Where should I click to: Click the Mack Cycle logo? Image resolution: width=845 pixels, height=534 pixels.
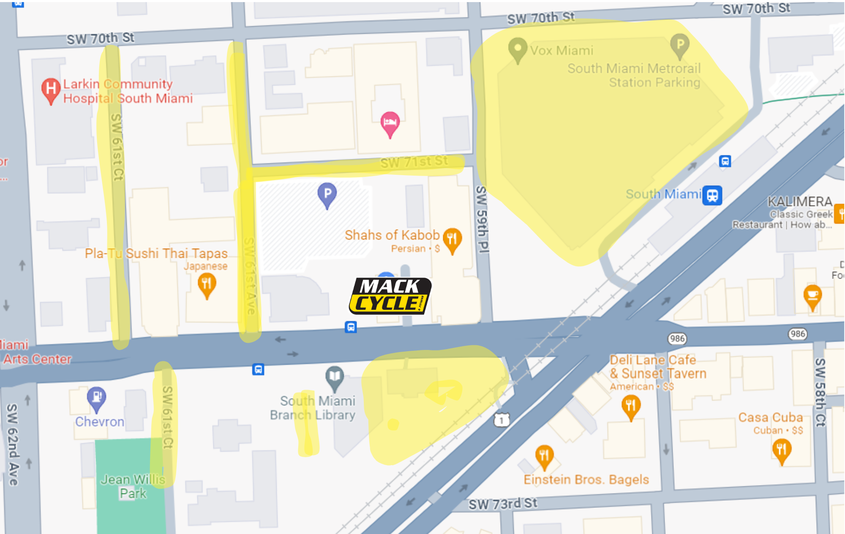(x=390, y=296)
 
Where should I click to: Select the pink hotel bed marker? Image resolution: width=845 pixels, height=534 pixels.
(x=390, y=123)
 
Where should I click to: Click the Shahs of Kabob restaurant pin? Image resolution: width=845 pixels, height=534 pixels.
(x=452, y=240)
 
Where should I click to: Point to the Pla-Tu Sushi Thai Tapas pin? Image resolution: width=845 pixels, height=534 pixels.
(x=207, y=285)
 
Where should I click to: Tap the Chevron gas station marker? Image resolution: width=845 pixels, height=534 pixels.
(x=97, y=398)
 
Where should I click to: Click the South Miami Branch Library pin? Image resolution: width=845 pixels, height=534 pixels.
(x=334, y=377)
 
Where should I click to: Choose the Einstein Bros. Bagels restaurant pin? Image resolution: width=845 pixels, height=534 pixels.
(x=544, y=456)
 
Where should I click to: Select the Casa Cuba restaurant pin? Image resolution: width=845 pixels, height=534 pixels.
(x=781, y=450)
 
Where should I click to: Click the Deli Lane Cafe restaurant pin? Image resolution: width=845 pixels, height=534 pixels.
(x=631, y=407)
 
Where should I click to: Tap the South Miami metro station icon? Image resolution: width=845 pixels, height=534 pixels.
(x=712, y=195)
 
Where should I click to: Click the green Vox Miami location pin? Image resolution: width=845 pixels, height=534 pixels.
(x=518, y=49)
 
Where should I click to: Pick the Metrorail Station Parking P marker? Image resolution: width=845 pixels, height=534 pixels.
(x=680, y=45)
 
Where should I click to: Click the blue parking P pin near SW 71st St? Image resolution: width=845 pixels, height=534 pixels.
(x=327, y=195)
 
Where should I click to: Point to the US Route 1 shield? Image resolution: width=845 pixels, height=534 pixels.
(x=502, y=420)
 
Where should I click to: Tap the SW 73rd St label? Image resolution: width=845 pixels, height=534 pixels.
(x=503, y=504)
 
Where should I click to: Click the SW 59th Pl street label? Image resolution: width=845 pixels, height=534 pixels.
(x=482, y=219)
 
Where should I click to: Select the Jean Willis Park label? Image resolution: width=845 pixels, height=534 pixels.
(x=133, y=486)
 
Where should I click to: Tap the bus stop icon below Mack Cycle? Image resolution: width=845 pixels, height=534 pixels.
(x=351, y=327)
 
